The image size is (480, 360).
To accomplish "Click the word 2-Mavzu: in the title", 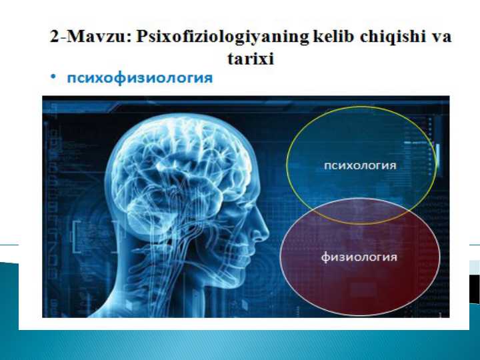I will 90,37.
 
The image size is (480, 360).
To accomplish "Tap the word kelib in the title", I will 334,37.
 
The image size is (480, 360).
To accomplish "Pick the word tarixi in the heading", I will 251,59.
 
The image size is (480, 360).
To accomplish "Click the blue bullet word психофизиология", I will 139,79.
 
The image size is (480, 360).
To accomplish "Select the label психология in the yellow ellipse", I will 359,166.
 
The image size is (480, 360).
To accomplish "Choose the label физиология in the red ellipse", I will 359,257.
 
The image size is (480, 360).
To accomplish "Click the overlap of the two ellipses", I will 361,212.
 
